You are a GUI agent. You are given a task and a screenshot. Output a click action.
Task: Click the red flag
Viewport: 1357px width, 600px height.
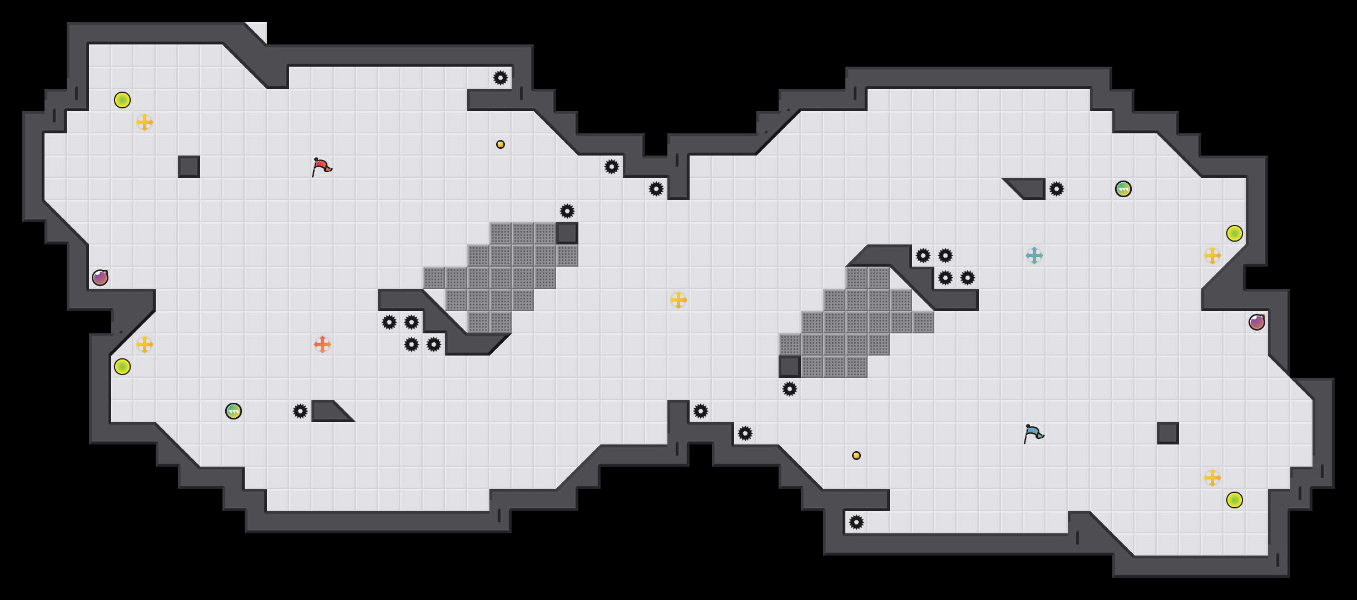tap(321, 166)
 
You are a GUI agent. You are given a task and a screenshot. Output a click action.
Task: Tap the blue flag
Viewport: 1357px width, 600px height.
tap(1033, 433)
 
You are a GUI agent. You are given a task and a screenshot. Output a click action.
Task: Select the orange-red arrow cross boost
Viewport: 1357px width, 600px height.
tap(323, 344)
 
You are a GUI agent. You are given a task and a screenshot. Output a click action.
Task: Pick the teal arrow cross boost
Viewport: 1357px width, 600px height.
tap(1034, 256)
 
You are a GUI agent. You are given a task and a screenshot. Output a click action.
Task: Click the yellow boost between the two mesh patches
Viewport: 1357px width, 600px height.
tap(678, 300)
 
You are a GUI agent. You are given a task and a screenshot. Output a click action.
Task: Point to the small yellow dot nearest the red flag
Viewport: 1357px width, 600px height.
tap(501, 144)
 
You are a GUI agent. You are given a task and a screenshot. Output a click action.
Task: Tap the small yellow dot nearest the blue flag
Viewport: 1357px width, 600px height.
tap(856, 456)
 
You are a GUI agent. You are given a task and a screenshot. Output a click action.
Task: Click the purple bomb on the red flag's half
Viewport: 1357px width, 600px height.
tap(100, 278)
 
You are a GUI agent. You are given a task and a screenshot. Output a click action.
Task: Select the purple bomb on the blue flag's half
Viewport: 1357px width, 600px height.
tap(1257, 322)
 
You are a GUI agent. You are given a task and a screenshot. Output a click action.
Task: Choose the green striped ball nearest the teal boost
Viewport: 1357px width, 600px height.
tap(1123, 189)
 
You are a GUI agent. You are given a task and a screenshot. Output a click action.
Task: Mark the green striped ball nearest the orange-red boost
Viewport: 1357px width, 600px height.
tap(234, 411)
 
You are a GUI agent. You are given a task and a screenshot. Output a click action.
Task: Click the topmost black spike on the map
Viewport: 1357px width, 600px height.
tap(501, 78)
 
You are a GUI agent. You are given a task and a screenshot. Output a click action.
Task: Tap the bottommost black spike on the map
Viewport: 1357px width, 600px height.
tap(856, 522)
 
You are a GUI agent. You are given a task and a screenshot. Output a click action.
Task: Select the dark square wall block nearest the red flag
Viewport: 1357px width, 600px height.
tap(189, 167)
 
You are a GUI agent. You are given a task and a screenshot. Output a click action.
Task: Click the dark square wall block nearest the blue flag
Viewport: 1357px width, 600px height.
tap(1168, 433)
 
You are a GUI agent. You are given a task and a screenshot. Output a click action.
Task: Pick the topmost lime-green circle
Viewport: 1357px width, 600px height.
tap(122, 100)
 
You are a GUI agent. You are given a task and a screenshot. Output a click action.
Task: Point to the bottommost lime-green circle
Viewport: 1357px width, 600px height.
tap(1235, 500)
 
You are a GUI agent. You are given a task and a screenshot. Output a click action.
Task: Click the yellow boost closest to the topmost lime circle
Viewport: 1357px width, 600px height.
tap(145, 122)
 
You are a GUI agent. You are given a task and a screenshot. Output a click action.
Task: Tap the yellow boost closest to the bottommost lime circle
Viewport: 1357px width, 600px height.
tap(1212, 478)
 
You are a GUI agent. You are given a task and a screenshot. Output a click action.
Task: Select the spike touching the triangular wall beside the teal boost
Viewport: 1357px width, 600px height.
tap(1057, 189)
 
